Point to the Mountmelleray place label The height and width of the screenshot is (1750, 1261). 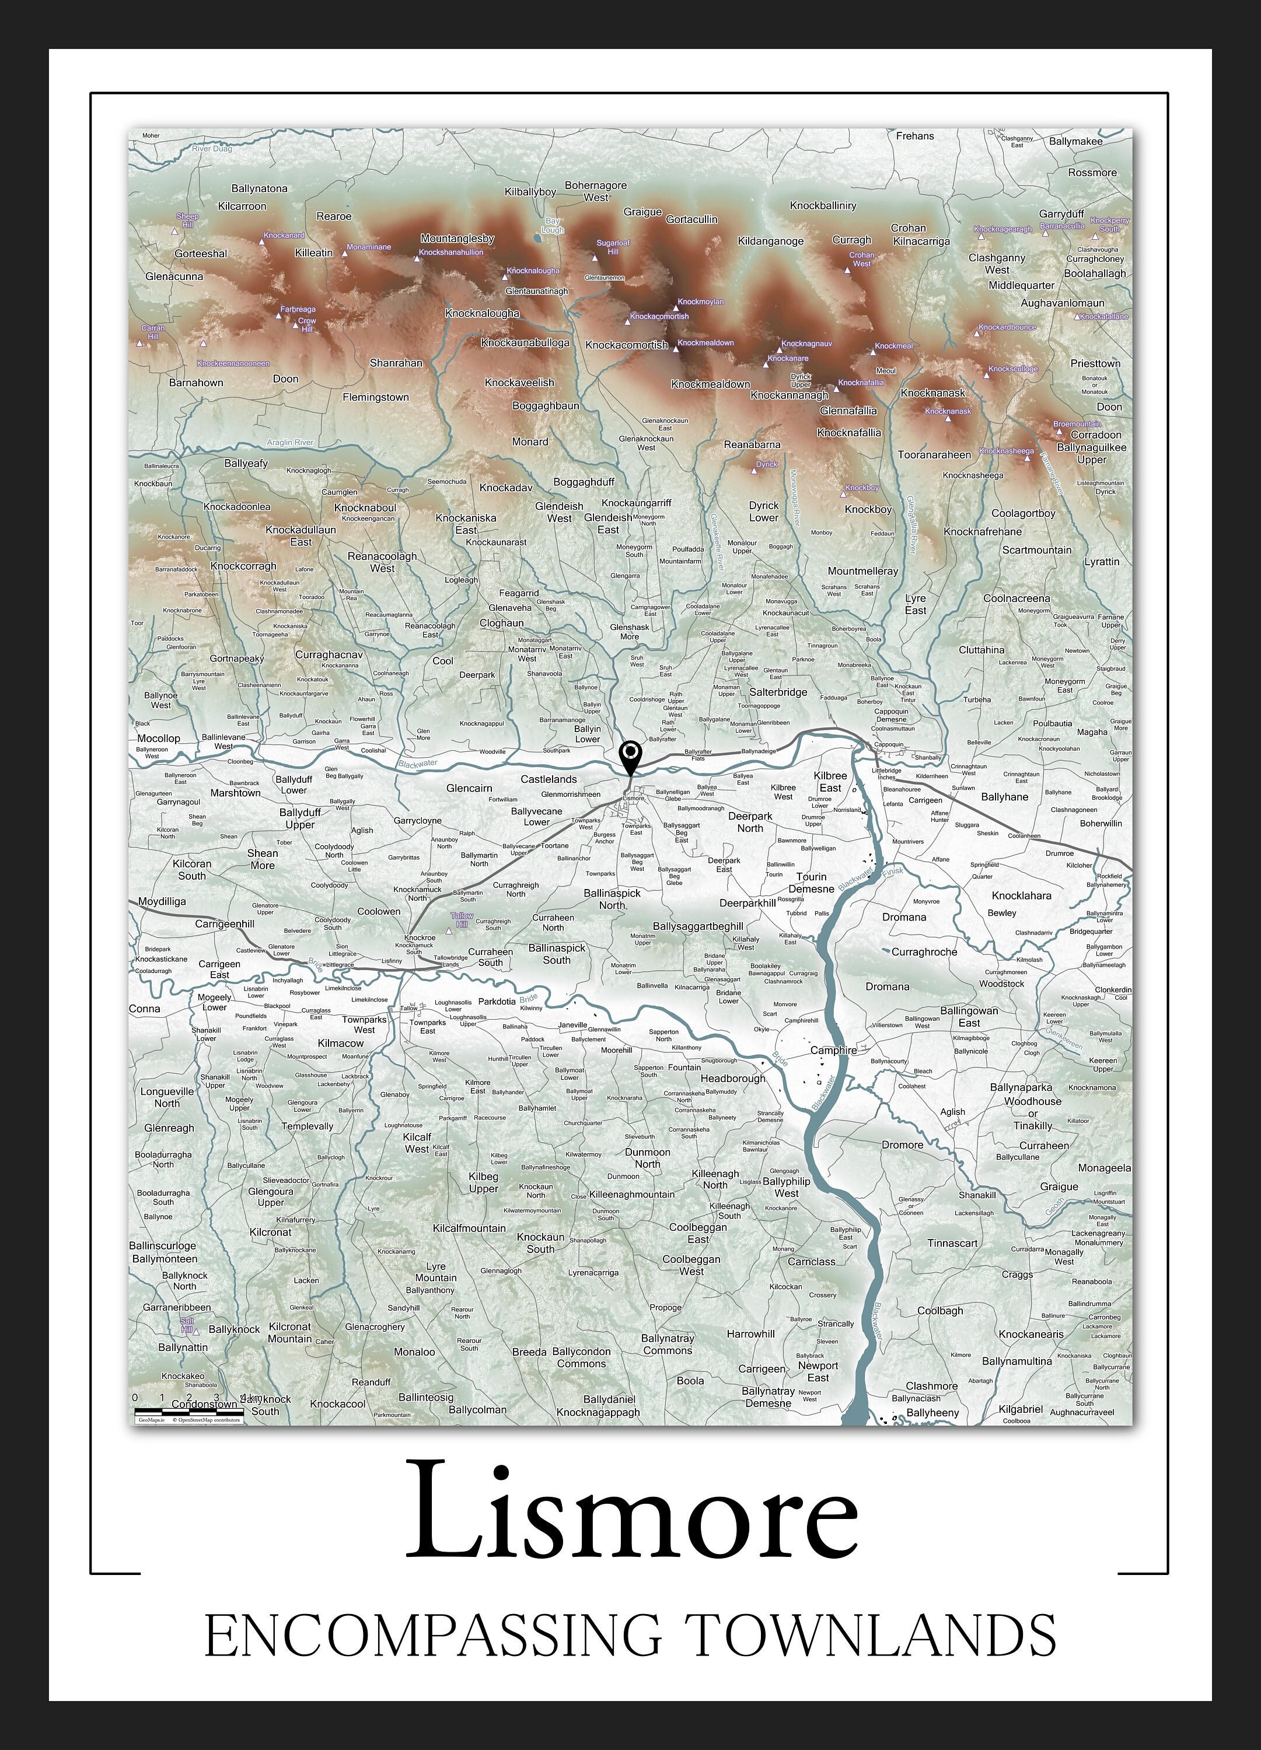click(x=863, y=571)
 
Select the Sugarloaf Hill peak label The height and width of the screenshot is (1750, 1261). click(x=613, y=247)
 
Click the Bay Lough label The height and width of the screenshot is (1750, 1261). click(x=553, y=225)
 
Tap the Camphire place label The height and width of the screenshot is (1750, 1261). click(x=833, y=1050)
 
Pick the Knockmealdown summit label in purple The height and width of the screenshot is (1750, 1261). click(x=705, y=342)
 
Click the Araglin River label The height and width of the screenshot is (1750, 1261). click(x=290, y=443)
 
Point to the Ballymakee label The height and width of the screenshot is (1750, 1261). click(x=1075, y=141)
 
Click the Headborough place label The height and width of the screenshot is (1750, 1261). click(x=733, y=1079)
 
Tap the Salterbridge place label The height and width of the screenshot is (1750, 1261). click(x=778, y=692)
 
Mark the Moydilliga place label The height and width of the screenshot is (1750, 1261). click(x=162, y=901)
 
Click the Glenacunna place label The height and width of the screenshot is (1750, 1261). click(x=174, y=276)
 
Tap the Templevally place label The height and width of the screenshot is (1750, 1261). click(x=307, y=1126)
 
